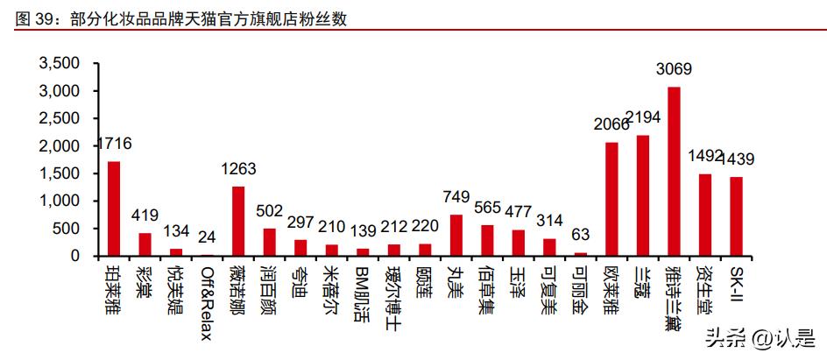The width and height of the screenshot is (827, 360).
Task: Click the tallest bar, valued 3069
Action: pyautogui.click(x=674, y=172)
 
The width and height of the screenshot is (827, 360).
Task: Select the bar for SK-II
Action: pyautogui.click(x=736, y=216)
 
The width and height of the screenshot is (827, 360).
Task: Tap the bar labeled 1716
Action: pyautogui.click(x=114, y=208)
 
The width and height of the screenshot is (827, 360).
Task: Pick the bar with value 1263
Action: pyautogui.click(x=238, y=221)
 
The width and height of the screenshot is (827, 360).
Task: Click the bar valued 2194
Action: pyautogui.click(x=643, y=195)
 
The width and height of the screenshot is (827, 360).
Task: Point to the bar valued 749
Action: pyautogui.click(x=456, y=235)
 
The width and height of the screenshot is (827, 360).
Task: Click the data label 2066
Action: pyautogui.click(x=611, y=124)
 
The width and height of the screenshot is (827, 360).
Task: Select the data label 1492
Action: pyautogui.click(x=705, y=157)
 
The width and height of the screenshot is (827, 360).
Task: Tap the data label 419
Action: pyautogui.click(x=145, y=215)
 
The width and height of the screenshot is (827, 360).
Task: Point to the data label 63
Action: pyautogui.click(x=581, y=235)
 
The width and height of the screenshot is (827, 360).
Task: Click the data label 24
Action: pyautogui.click(x=207, y=238)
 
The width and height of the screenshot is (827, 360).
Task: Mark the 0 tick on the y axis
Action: pyautogui.click(x=74, y=256)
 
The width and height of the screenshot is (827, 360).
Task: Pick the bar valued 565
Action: pyautogui.click(x=487, y=240)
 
